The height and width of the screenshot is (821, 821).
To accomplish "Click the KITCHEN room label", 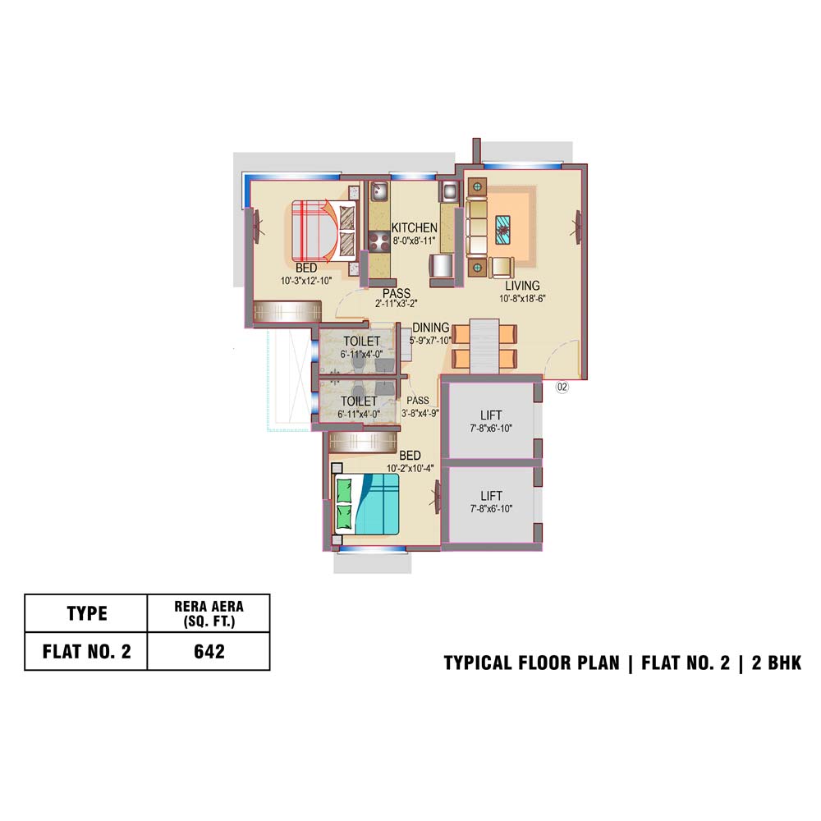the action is click(414, 227).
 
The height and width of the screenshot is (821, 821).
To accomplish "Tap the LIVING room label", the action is click(522, 286).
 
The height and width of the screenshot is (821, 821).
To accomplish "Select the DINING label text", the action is click(430, 328).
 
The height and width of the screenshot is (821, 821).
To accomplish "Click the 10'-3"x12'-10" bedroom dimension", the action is click(306, 281).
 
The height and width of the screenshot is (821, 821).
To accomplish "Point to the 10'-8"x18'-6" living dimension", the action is click(522, 299).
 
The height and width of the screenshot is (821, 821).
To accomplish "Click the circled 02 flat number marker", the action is click(562, 387).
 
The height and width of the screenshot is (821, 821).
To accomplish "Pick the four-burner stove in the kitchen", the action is click(378, 242).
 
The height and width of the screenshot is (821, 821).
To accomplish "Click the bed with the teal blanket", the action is click(367, 504).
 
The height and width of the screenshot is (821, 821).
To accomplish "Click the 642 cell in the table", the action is click(209, 651).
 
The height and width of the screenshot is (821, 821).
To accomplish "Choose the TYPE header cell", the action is click(86, 613).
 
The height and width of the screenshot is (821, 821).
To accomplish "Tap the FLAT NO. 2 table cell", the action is click(86, 651).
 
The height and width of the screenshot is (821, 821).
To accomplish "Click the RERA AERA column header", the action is click(209, 613).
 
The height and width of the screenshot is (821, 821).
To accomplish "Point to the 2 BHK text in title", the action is click(777, 663).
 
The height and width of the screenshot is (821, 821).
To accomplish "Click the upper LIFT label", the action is click(491, 415).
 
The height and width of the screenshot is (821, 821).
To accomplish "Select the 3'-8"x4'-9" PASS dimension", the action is click(420, 413).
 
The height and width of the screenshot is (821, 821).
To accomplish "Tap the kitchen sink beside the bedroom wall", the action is click(379, 191).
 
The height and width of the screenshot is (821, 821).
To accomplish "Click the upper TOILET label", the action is click(361, 342).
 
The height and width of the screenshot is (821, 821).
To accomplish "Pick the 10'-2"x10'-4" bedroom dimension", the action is click(410, 468).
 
